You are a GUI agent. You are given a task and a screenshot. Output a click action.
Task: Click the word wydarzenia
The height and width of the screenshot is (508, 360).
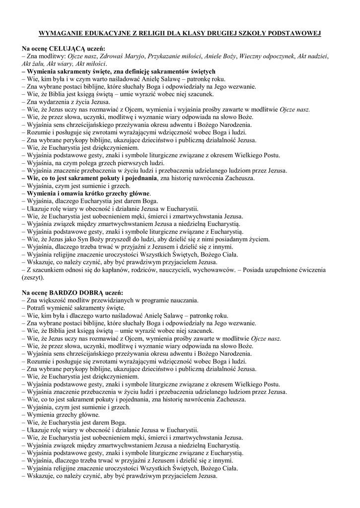(x=53, y=102)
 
